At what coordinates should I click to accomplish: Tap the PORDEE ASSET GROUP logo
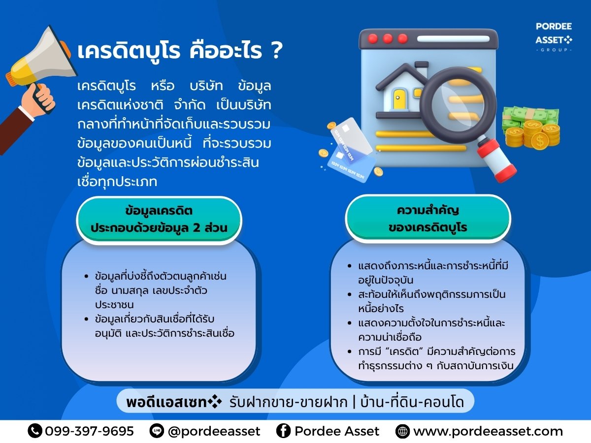coord(554,37)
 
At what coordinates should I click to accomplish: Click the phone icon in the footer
coord(35,431)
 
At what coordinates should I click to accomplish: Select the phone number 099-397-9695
coord(89,431)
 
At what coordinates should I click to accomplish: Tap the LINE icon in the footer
coord(157,431)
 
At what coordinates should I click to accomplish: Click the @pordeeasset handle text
coord(214,431)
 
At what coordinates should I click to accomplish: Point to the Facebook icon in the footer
coord(283,431)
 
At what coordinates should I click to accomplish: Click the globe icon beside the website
coord(402,432)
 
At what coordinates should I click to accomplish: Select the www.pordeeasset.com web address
coord(488,431)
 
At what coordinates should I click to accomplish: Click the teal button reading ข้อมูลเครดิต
coord(159,220)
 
